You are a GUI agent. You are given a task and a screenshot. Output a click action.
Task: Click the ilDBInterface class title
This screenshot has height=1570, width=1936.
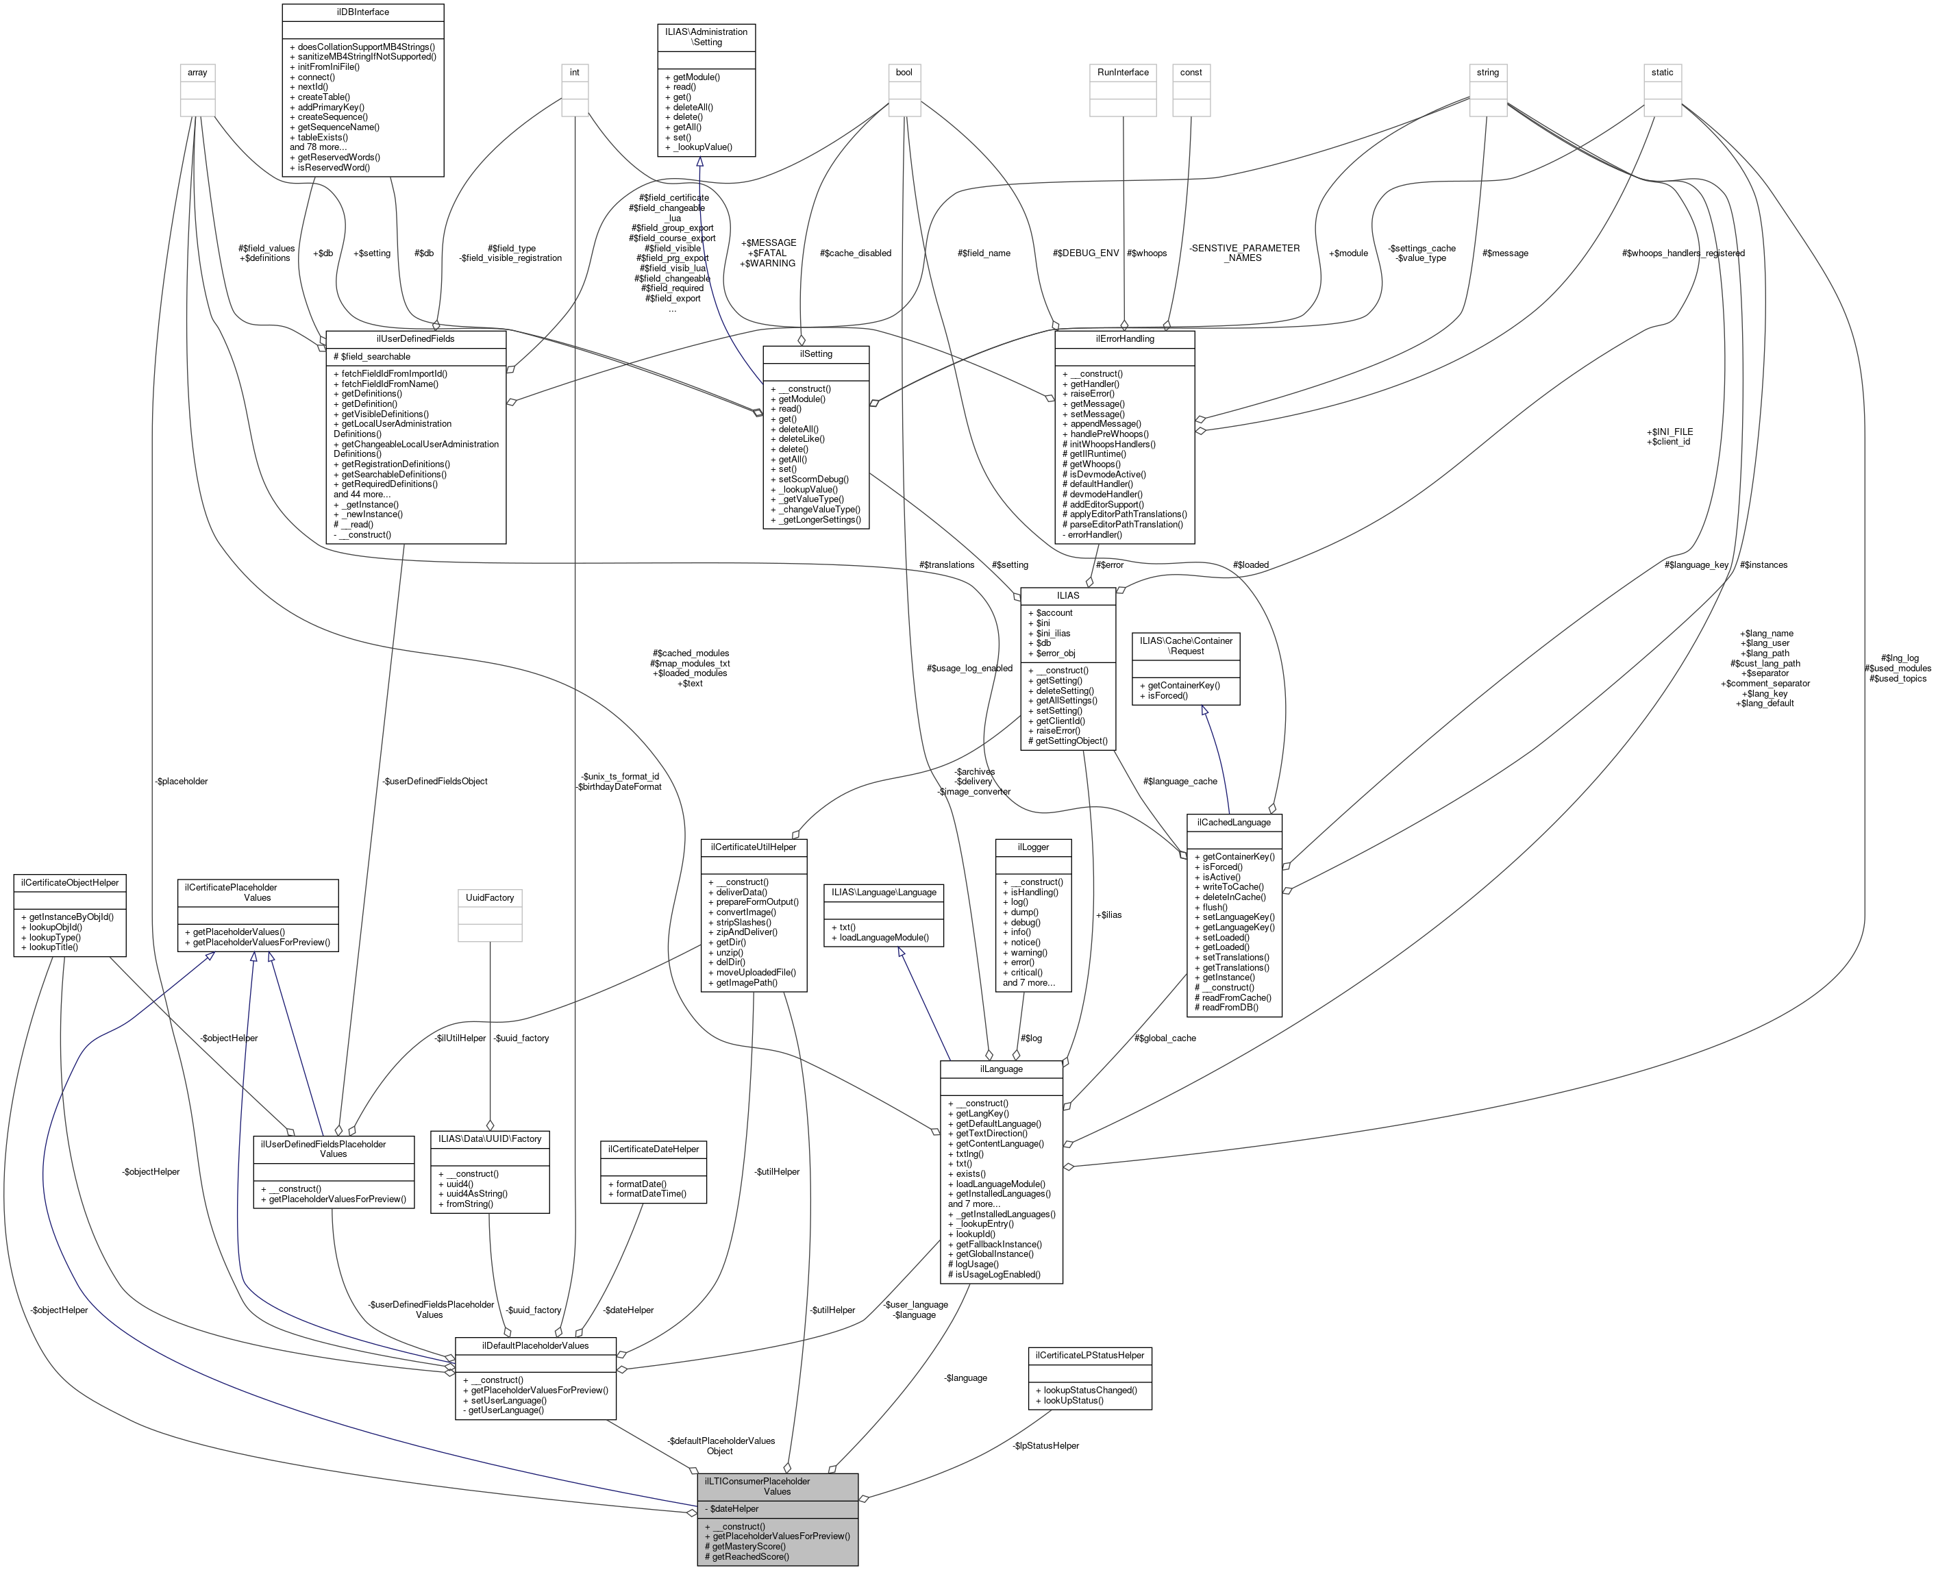tap(362, 12)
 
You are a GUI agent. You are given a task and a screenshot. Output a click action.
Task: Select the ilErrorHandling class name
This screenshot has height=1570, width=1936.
tap(1124, 338)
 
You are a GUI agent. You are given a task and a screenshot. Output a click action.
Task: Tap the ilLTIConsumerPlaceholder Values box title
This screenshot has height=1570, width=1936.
tap(777, 1486)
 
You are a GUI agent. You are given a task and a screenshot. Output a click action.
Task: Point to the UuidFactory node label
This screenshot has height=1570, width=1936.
tap(489, 897)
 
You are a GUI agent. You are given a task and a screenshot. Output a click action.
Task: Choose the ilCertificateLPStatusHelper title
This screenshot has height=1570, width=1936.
tap(1090, 1355)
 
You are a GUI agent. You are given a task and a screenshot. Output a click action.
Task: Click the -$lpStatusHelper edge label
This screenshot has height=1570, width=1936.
tap(1045, 1445)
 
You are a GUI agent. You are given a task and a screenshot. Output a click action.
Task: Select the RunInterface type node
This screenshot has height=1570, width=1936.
tap(1122, 73)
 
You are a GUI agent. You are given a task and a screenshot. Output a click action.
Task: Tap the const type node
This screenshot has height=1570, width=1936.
tap(1191, 73)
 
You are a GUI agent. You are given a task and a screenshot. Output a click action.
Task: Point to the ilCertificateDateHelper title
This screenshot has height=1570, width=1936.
tap(653, 1149)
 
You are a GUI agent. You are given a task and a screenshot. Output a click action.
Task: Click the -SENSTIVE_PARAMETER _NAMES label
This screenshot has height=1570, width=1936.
tap(1244, 252)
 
